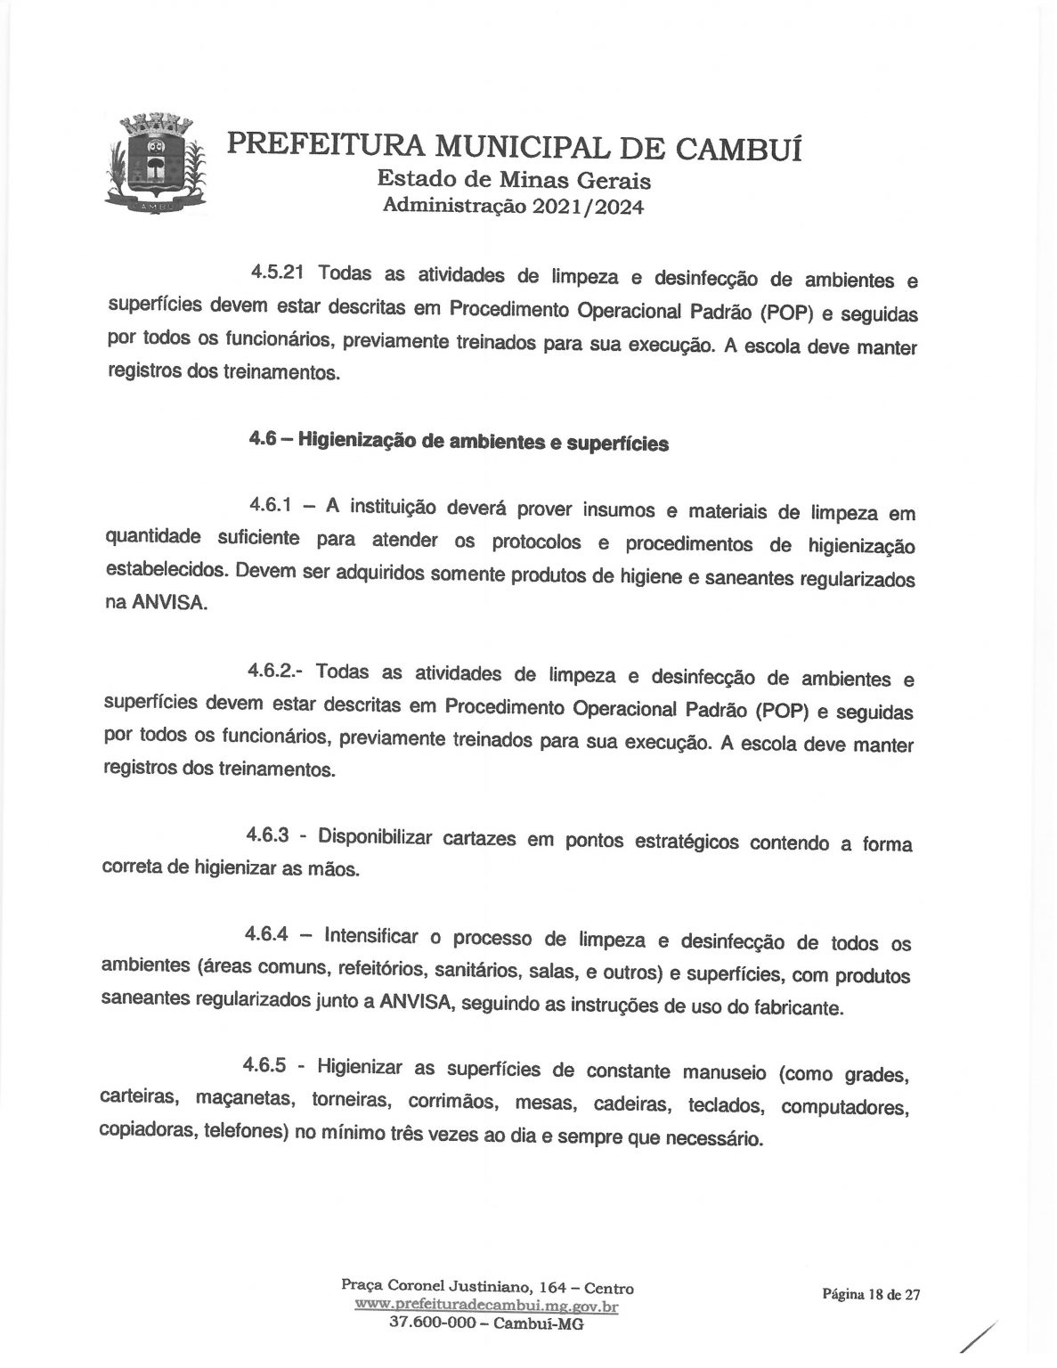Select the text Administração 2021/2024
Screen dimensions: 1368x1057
click(513, 207)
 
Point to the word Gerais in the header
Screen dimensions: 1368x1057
click(614, 180)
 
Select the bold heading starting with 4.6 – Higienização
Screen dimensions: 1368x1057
click(459, 441)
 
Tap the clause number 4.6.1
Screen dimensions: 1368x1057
click(272, 505)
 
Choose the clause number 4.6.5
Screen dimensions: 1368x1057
click(270, 1063)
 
